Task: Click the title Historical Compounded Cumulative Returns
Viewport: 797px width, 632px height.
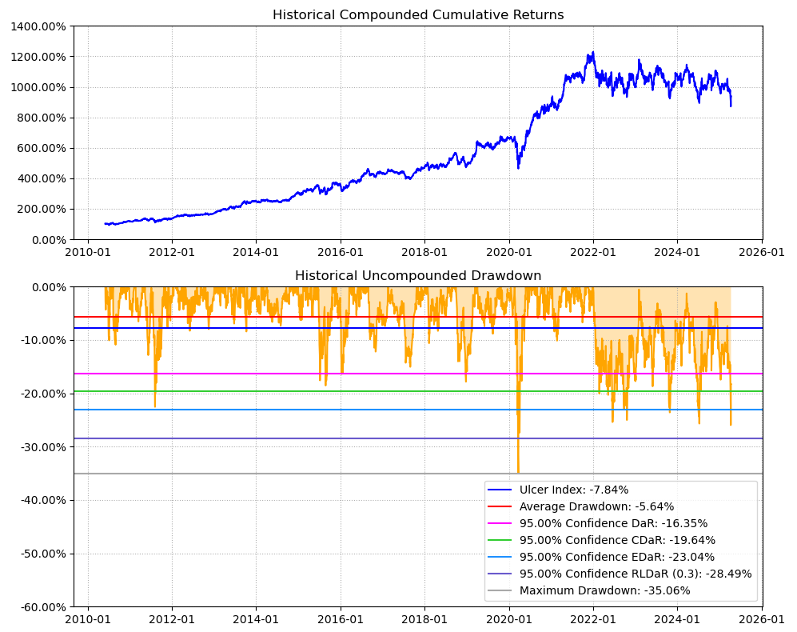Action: click(x=418, y=15)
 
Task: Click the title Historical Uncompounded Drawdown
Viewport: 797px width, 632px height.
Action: click(x=418, y=276)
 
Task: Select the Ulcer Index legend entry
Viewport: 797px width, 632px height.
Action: click(x=574, y=490)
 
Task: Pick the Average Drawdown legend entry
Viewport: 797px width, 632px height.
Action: click(x=596, y=506)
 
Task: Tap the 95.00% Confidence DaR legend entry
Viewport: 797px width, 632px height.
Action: click(x=613, y=523)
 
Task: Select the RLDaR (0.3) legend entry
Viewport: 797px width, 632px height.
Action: click(x=636, y=574)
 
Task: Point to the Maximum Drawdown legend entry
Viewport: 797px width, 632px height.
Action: click(x=604, y=590)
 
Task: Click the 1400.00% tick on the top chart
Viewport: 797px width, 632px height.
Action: click(x=38, y=26)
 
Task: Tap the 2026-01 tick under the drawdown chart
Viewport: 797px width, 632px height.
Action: click(x=762, y=620)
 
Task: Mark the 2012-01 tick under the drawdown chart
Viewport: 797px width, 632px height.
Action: click(x=172, y=620)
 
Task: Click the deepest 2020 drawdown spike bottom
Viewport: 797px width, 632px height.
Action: click(x=518, y=472)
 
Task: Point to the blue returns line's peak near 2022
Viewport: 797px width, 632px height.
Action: click(x=592, y=53)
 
